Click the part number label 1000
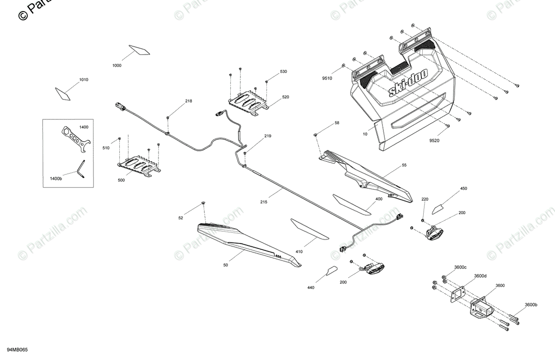tap(117, 66)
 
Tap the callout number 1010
tap(83, 80)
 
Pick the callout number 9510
tap(327, 78)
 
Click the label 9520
tap(434, 140)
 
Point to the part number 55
tap(404, 165)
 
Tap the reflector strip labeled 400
tap(352, 204)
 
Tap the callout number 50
tap(225, 265)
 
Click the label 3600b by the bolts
tap(531, 304)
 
